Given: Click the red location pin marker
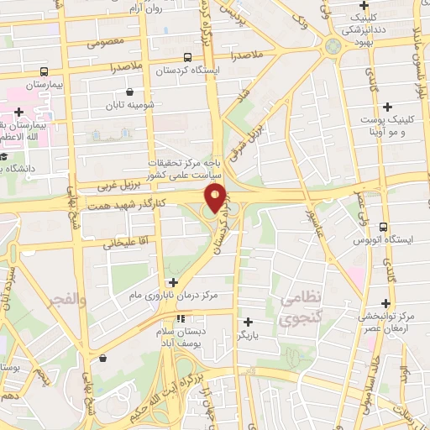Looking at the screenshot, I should [216, 198].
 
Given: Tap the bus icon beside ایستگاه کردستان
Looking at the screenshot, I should [186, 58].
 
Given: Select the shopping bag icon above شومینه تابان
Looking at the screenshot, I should [129, 92].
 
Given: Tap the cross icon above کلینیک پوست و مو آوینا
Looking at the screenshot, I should [386, 107].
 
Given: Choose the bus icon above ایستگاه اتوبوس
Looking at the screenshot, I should [383, 227].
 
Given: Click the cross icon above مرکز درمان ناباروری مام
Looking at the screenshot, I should [173, 282].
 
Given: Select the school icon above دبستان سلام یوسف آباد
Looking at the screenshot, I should [181, 319].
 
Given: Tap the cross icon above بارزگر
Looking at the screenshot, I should [247, 321].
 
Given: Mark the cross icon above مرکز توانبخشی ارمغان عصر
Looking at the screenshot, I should [386, 302].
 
